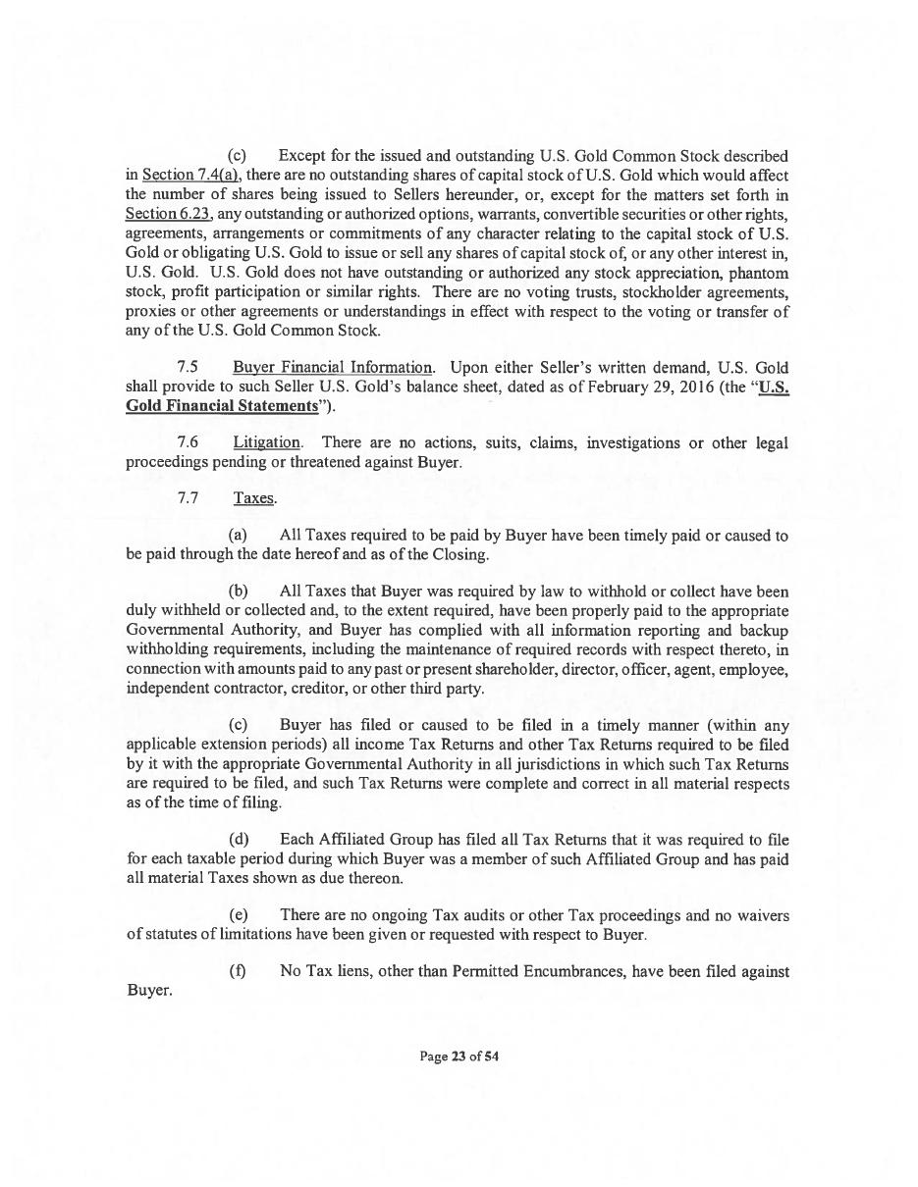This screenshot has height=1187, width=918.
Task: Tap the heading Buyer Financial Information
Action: [x=333, y=368]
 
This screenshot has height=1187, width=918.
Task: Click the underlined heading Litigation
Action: [x=267, y=443]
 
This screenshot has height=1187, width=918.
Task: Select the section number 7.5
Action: [x=189, y=368]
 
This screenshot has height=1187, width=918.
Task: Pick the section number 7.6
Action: [x=189, y=443]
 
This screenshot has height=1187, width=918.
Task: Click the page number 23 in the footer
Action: [x=458, y=1057]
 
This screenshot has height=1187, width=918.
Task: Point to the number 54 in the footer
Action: [x=492, y=1057]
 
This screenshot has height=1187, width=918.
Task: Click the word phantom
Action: [x=761, y=272]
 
